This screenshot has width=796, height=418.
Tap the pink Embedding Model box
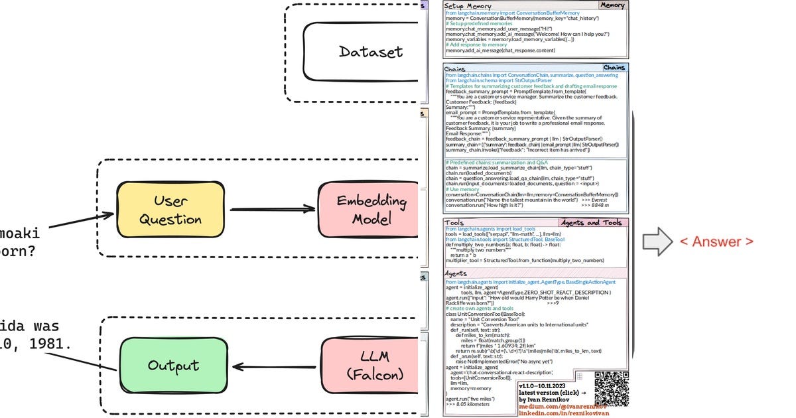pos(369,210)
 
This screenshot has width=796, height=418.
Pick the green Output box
pos(173,366)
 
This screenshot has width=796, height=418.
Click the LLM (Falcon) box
pos(369,366)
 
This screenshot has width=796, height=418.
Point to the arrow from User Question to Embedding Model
pos(272,209)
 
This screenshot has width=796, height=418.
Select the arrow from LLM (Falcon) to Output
pos(273,366)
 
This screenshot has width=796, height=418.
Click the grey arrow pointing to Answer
pos(656,242)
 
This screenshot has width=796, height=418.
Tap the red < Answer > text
pos(716,242)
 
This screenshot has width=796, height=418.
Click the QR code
pos(611,388)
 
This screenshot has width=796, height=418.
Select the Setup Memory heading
pos(473,6)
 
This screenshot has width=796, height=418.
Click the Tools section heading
pos(454,223)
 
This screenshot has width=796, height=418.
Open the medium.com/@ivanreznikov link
pos(561,407)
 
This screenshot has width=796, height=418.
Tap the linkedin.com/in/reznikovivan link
pos(561,414)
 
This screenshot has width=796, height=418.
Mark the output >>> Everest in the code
pos(596,200)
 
